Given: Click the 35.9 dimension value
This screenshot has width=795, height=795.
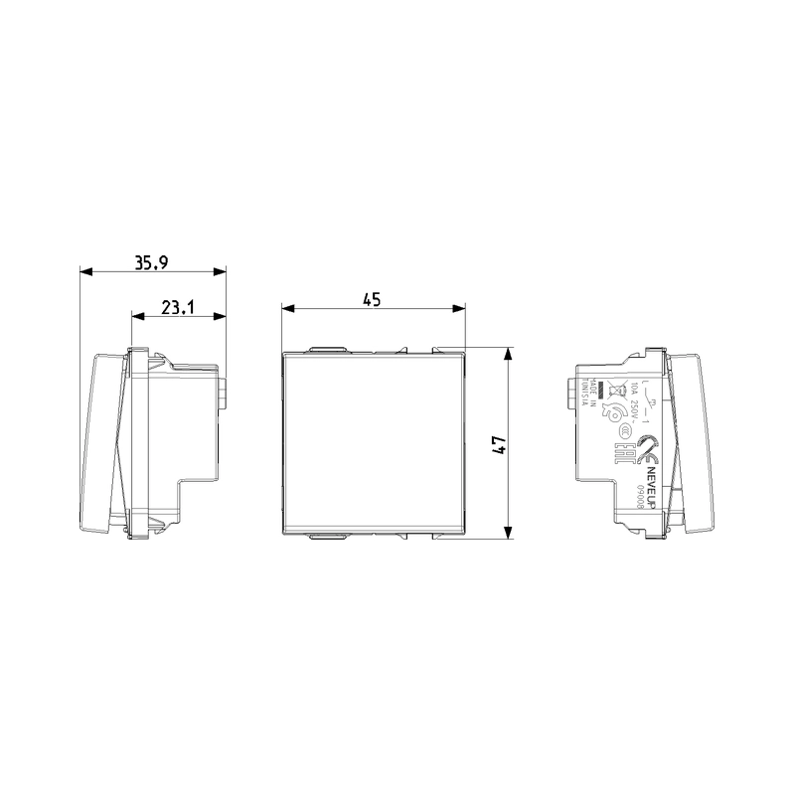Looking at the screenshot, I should [x=151, y=262].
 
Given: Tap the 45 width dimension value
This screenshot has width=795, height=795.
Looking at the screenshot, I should [x=372, y=300].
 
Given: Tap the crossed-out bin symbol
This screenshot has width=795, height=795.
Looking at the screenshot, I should [x=616, y=391].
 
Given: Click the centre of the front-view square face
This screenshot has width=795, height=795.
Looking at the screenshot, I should [x=373, y=442].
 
